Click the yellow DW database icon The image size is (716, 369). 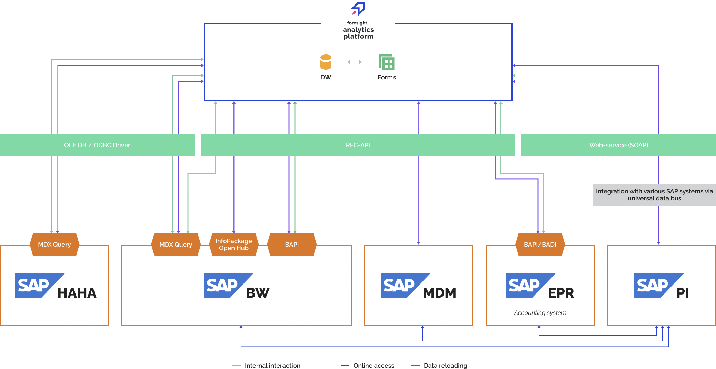[326, 62]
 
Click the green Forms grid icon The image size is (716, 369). [387, 62]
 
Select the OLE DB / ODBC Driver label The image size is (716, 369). [97, 145]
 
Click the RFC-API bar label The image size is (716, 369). [358, 145]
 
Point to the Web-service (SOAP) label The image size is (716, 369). [618, 145]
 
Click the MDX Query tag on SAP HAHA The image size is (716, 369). [54, 245]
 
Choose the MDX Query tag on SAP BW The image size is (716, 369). [176, 245]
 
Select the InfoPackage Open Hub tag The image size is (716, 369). [234, 245]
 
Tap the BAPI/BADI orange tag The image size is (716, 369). [540, 245]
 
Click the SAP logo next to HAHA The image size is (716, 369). [36, 285]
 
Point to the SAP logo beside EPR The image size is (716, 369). [527, 285]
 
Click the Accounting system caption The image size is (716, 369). [540, 313]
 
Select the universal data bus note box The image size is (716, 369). [654, 195]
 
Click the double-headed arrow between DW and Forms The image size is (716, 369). [355, 62]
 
